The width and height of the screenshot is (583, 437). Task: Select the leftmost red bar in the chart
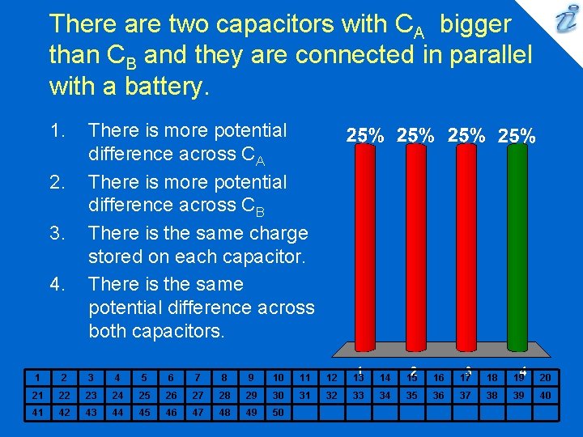pos(364,251)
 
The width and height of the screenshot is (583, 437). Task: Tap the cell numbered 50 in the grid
pos(278,413)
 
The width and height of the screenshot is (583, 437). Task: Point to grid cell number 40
pos(545,395)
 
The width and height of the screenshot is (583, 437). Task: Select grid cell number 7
pos(198,377)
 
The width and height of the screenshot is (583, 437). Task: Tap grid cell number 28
pos(224,395)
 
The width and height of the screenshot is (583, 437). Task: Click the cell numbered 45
pos(144,413)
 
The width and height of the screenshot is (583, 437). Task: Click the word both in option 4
pos(113,331)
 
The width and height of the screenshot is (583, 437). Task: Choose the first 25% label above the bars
pos(365,136)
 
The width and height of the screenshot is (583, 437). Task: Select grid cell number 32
pos(331,395)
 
